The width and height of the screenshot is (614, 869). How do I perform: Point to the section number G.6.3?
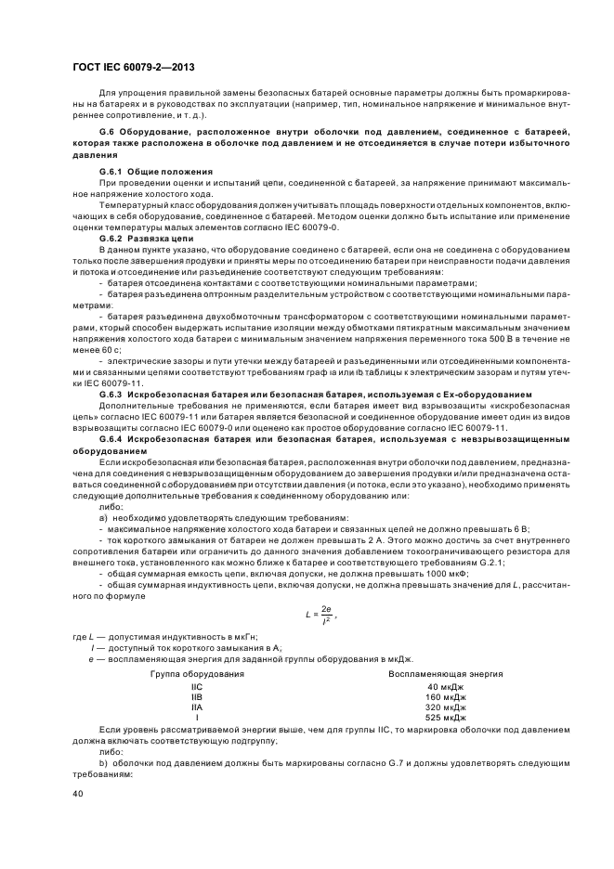pos(112,394)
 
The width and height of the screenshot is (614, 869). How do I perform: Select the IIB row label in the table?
pos(197,696)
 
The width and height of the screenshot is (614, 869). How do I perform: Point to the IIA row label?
pos(197,707)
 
